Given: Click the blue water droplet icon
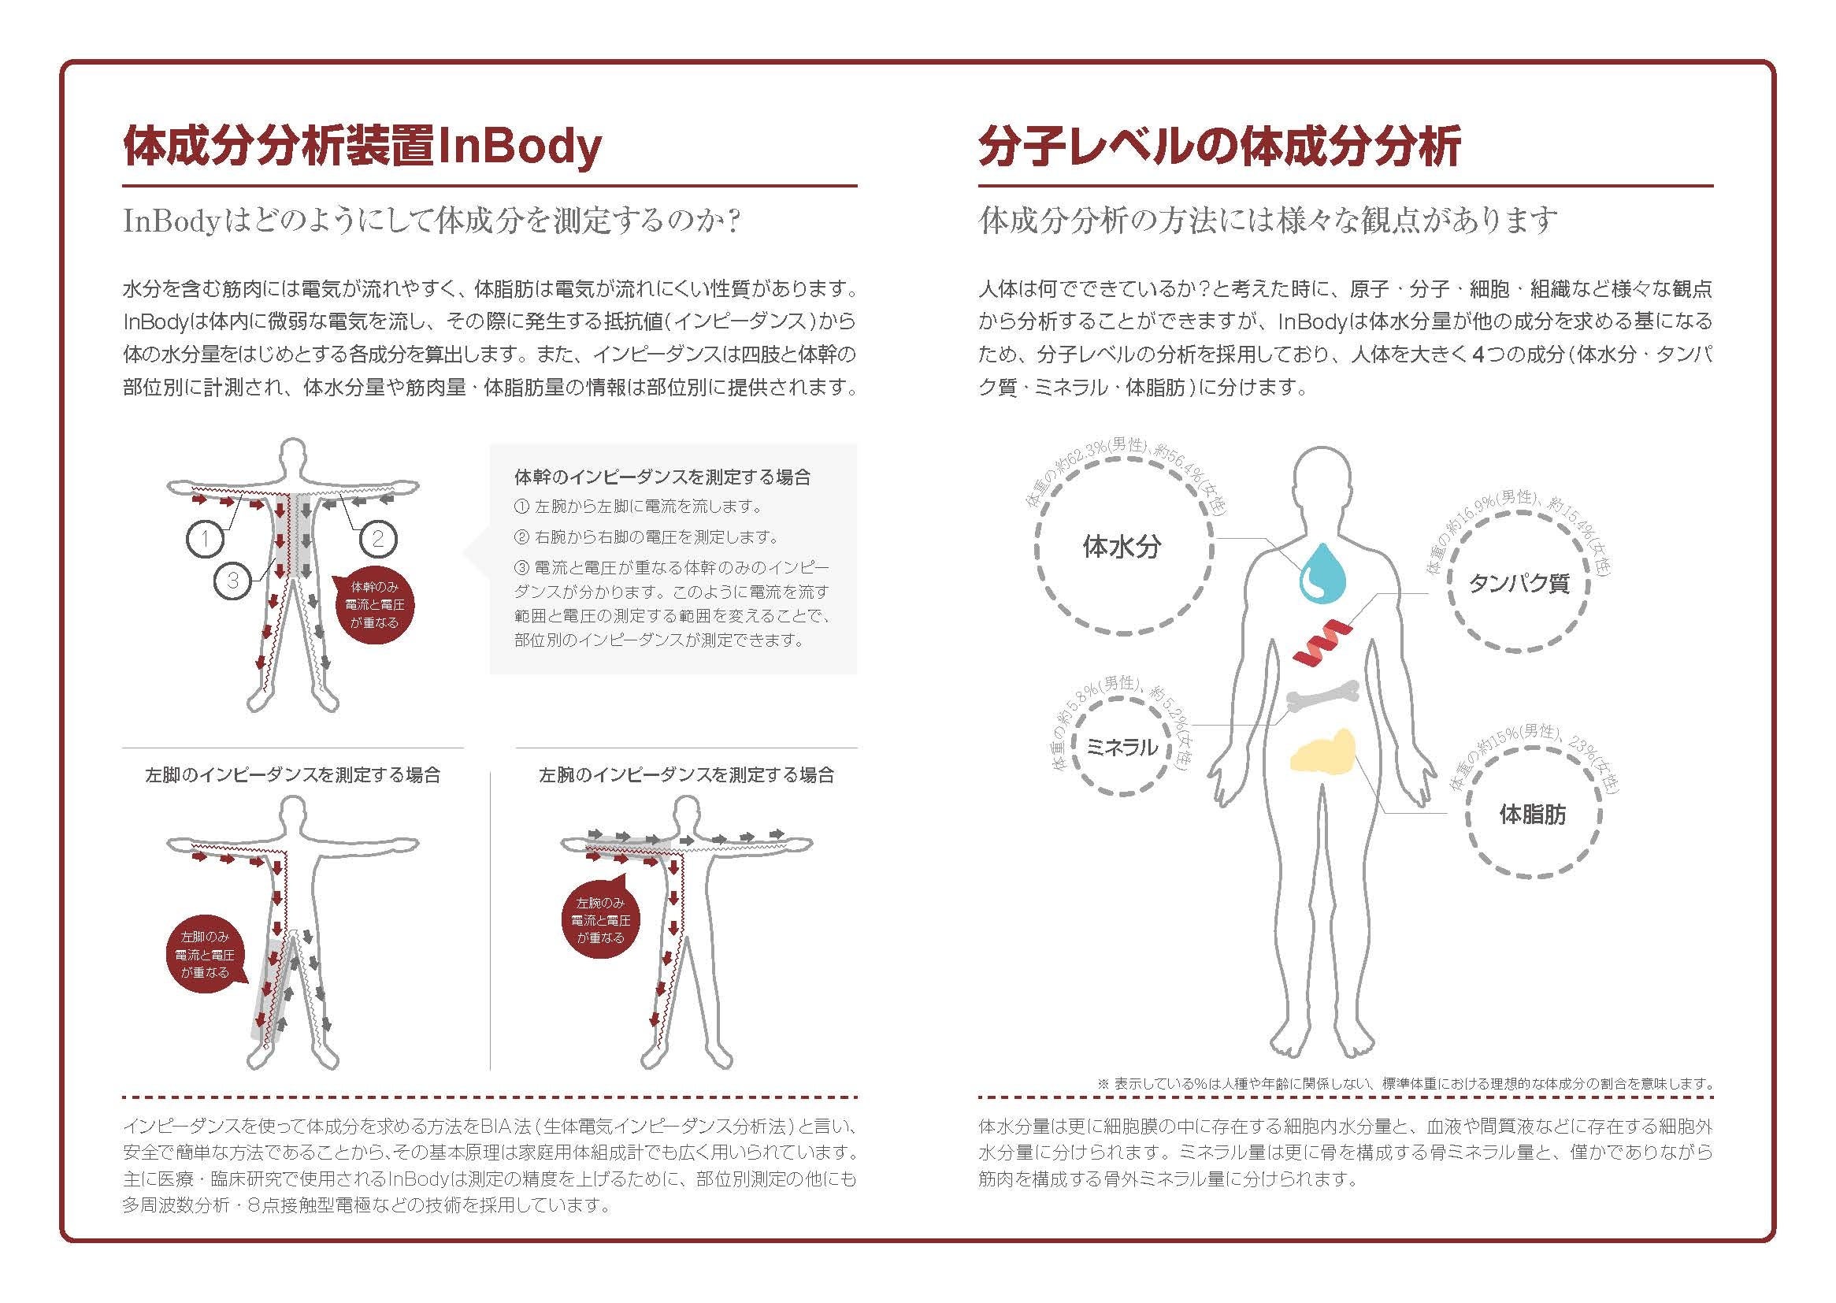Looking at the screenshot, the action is [1321, 573].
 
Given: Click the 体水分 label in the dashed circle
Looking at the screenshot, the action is [1122, 548].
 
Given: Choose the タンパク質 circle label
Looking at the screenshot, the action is [1519, 583].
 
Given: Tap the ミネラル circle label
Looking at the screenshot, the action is [1122, 748].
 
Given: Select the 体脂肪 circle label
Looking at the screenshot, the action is [1532, 815].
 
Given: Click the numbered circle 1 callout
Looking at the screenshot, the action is [206, 538].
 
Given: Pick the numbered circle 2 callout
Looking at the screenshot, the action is [378, 538].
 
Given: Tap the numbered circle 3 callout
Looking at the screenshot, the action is [232, 580].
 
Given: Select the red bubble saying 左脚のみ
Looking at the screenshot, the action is [206, 955].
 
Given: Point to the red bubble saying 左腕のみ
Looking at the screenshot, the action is [600, 920].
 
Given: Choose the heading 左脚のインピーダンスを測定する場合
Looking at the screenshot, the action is [293, 775].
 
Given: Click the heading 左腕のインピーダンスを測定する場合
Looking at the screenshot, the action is [687, 775].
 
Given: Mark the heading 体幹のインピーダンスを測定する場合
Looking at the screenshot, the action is [662, 477].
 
